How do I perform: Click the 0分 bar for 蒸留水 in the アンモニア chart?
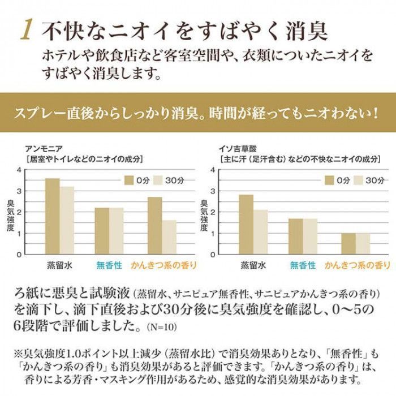click(53, 216)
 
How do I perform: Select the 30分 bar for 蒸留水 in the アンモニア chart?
click(67, 220)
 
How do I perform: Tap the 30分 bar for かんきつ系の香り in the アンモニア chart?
click(169, 237)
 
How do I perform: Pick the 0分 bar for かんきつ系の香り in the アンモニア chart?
click(154, 225)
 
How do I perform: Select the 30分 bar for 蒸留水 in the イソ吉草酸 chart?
click(260, 232)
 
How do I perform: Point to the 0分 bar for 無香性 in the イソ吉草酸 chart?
click(296, 236)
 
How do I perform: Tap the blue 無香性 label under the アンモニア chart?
click(109, 264)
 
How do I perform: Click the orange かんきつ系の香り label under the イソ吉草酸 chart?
click(357, 264)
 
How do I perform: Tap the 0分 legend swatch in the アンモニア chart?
click(130, 180)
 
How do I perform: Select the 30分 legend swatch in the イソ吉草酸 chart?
click(359, 180)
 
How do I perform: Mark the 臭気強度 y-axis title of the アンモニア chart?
click(10, 212)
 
